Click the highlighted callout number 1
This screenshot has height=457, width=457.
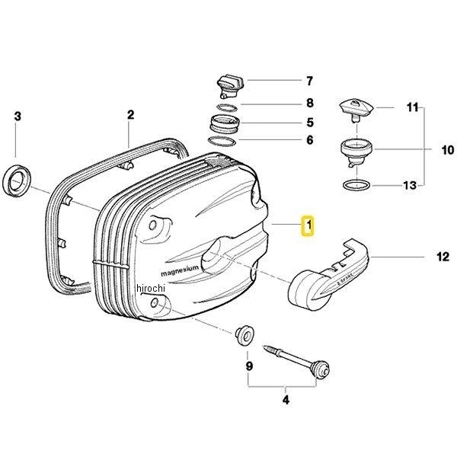[307, 226]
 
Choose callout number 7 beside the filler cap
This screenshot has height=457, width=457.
[309, 80]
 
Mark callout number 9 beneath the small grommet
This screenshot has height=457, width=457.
[248, 366]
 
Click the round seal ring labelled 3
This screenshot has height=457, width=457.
[18, 181]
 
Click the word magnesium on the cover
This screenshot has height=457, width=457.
[180, 270]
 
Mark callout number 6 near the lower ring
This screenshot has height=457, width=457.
[309, 140]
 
